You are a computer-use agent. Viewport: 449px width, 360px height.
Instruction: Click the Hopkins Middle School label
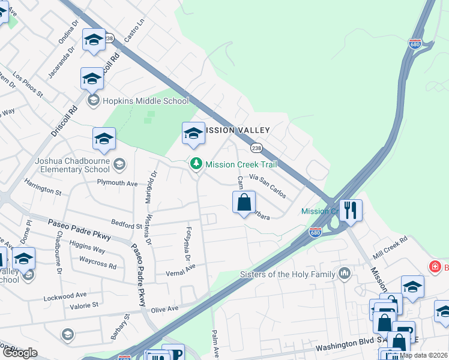point(146,101)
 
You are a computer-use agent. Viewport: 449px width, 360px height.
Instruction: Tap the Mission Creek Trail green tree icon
point(196,163)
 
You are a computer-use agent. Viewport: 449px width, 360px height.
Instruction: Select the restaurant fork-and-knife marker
point(351,211)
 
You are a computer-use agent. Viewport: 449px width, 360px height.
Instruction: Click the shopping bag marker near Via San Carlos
point(244,202)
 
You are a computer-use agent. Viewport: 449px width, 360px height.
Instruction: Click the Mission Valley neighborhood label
point(238,130)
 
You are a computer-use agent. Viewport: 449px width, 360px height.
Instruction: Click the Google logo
point(19,353)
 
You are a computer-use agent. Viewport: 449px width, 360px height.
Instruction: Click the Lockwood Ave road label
point(65,296)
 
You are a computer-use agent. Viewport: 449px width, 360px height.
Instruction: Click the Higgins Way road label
point(87,248)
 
